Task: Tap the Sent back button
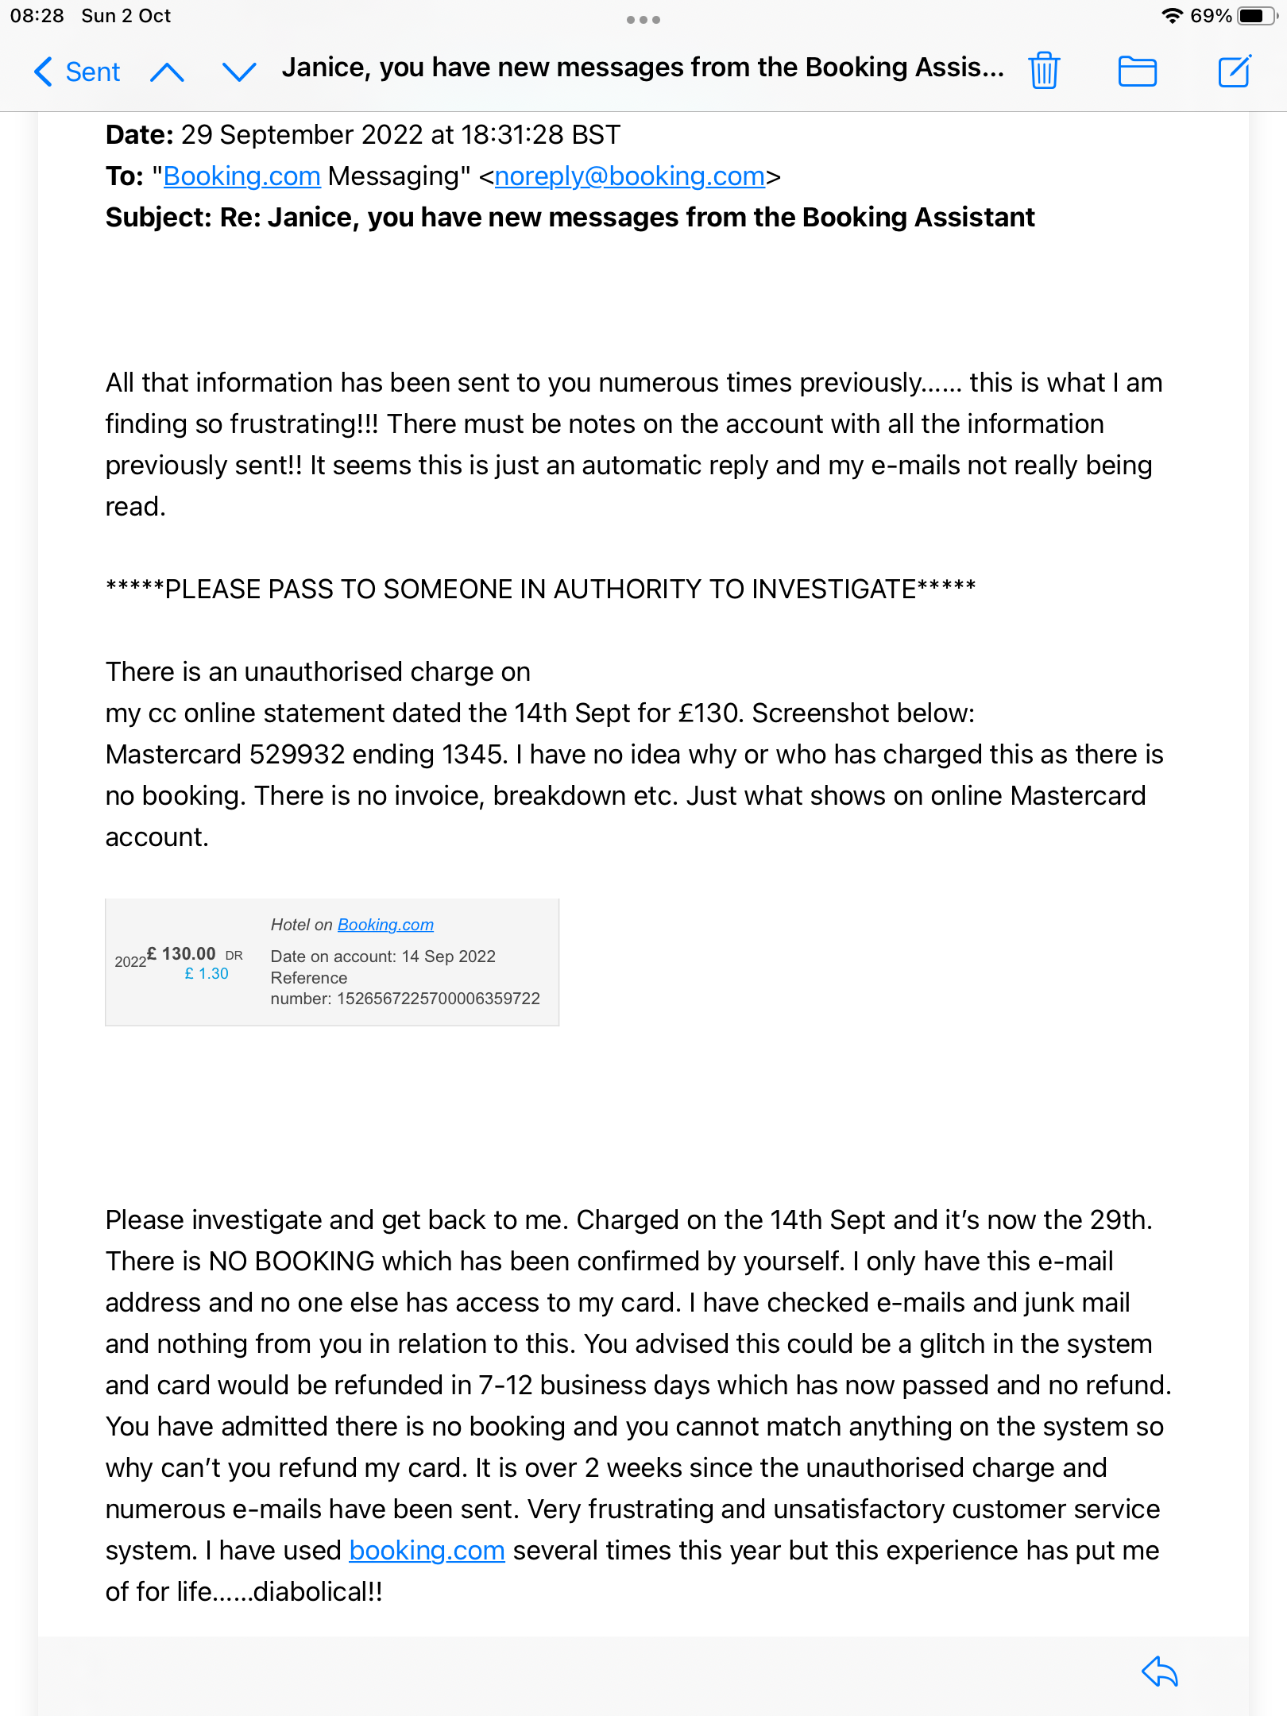77,72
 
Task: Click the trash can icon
1044,71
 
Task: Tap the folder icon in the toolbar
1137,71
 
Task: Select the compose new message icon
1235,71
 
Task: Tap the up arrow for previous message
167,73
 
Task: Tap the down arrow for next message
238,73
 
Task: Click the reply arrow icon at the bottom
1160,1672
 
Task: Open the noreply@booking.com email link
629,176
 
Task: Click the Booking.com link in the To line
242,176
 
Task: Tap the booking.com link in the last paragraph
427,1551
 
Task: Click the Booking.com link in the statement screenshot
385,925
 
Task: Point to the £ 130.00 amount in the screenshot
182,953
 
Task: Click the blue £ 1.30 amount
207,974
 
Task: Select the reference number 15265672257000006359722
438,999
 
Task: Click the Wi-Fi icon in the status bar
1172,16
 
